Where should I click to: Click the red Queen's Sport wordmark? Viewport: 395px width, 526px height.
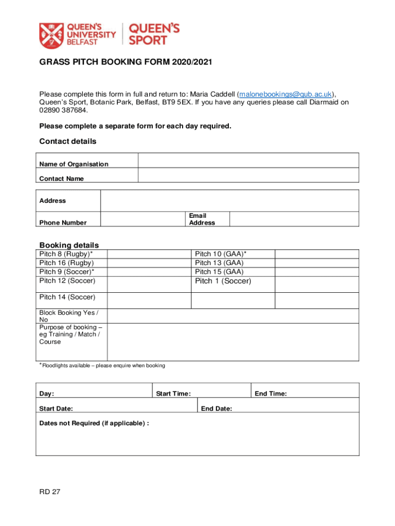[153, 34]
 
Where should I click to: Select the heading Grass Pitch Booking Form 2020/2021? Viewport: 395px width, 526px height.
[126, 62]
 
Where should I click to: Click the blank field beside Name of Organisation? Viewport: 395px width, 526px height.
[248, 160]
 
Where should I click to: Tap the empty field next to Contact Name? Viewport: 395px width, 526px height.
[248, 175]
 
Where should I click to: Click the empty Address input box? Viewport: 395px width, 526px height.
[229, 200]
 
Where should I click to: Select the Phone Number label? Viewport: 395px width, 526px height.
[63, 223]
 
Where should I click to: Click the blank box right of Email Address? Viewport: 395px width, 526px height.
[293, 219]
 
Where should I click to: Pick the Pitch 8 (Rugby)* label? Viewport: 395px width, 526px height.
[66, 254]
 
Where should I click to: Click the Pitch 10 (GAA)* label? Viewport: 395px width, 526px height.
[221, 254]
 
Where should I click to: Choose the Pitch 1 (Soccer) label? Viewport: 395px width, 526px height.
[223, 281]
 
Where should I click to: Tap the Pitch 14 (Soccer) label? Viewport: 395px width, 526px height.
[67, 297]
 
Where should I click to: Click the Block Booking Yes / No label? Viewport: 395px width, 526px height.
[69, 316]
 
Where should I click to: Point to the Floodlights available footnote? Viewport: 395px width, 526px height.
[102, 366]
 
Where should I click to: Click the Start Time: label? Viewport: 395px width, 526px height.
[173, 394]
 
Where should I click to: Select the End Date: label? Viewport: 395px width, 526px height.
[216, 409]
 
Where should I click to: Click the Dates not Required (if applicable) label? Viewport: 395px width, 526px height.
[94, 423]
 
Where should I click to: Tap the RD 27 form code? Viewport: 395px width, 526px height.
[50, 492]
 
